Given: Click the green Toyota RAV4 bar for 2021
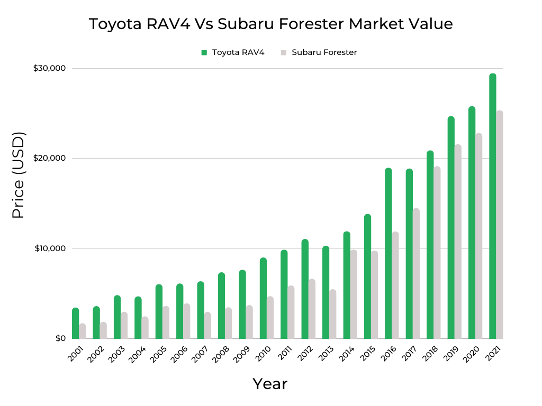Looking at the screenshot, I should point(492,206).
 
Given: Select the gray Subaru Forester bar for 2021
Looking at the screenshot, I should point(500,225).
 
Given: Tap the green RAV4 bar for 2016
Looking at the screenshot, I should point(388,254).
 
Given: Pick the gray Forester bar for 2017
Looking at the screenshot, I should point(416,273).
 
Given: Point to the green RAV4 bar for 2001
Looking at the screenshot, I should point(76,324).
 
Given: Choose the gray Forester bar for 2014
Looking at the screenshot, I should point(354,294).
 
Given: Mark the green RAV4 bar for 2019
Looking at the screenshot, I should point(451,228).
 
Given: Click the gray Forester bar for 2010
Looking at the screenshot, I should point(270,318).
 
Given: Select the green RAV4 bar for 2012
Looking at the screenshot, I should point(305,289).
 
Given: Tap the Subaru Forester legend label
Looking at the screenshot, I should point(324,52).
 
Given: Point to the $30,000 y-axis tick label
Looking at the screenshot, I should point(49,68).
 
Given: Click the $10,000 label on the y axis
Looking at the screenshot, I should point(49,248).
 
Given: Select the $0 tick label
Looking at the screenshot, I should point(60,338).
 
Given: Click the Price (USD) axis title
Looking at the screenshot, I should point(19,175).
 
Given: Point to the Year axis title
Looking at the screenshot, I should point(270,384).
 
